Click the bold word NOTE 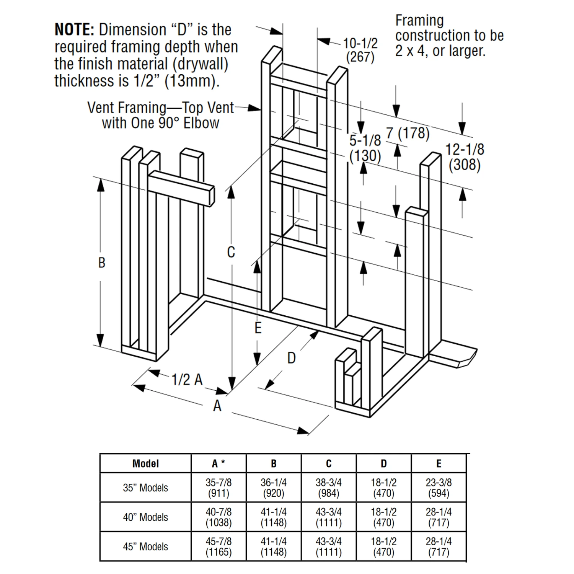74,30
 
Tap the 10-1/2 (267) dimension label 360,50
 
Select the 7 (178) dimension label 408,133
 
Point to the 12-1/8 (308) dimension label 465,157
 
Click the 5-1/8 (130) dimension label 365,148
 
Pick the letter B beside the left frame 101,263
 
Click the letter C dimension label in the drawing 231,252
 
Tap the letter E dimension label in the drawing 258,328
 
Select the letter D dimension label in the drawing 291,358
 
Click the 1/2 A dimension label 187,380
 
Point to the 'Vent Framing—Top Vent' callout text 160,108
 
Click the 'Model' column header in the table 145,464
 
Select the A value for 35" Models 219,488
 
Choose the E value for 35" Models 439,488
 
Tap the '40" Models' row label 145,517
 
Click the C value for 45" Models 328,546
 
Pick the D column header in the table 383,464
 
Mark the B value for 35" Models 274,488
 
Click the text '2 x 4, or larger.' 440,51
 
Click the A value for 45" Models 219,546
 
